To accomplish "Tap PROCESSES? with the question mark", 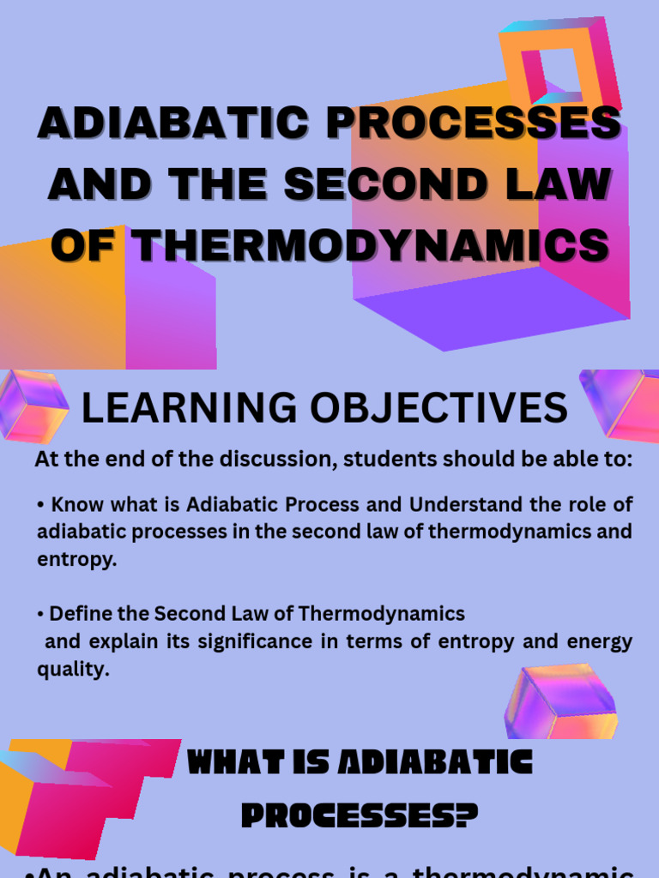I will tap(359, 815).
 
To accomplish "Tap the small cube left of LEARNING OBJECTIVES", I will tap(33, 406).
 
